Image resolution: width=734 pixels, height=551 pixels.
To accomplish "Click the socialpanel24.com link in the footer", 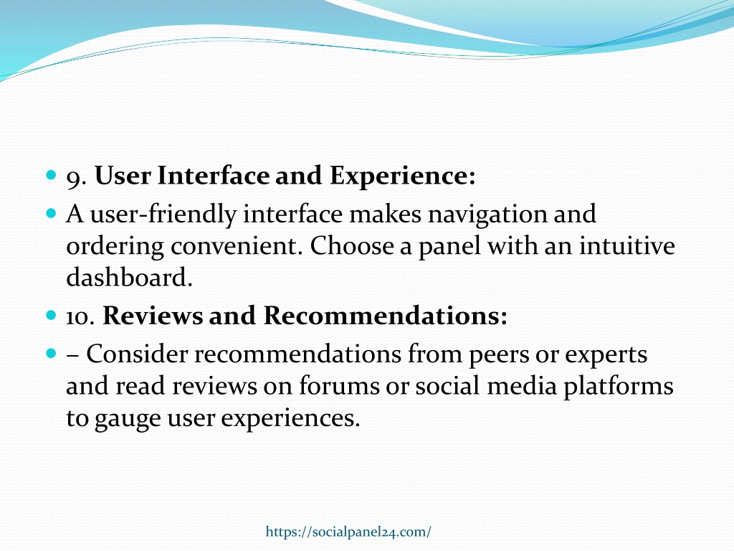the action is pyautogui.click(x=348, y=532).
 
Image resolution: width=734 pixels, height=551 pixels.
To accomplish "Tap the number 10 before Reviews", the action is pyautogui.click(x=80, y=316).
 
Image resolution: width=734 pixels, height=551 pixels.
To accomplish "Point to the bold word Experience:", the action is pyautogui.click(x=403, y=176).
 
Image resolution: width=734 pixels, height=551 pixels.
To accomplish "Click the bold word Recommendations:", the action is pyautogui.click(x=385, y=315).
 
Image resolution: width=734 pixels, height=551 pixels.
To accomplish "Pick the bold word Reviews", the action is pyautogui.click(x=153, y=315).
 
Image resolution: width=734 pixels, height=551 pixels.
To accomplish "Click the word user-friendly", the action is pyautogui.click(x=163, y=215).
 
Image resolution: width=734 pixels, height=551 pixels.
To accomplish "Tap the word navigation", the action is pyautogui.click(x=487, y=215).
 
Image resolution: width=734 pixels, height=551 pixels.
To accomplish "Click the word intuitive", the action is pyautogui.click(x=627, y=245).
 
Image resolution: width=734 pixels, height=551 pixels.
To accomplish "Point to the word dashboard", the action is pyautogui.click(x=129, y=277).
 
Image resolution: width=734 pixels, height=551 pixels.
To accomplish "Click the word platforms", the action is pyautogui.click(x=619, y=386).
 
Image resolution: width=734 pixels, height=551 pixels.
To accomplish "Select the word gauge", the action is pyautogui.click(x=128, y=419).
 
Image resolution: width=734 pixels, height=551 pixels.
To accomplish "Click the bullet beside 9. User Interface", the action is pyautogui.click(x=52, y=176).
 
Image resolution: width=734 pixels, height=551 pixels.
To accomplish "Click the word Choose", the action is pyautogui.click(x=351, y=245).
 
